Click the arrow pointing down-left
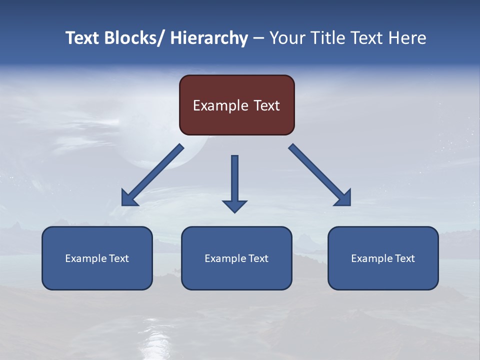coord(152,175)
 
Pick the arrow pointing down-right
coord(320,175)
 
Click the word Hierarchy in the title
coord(209,38)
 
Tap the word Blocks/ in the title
coord(133,38)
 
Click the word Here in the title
coord(406,38)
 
